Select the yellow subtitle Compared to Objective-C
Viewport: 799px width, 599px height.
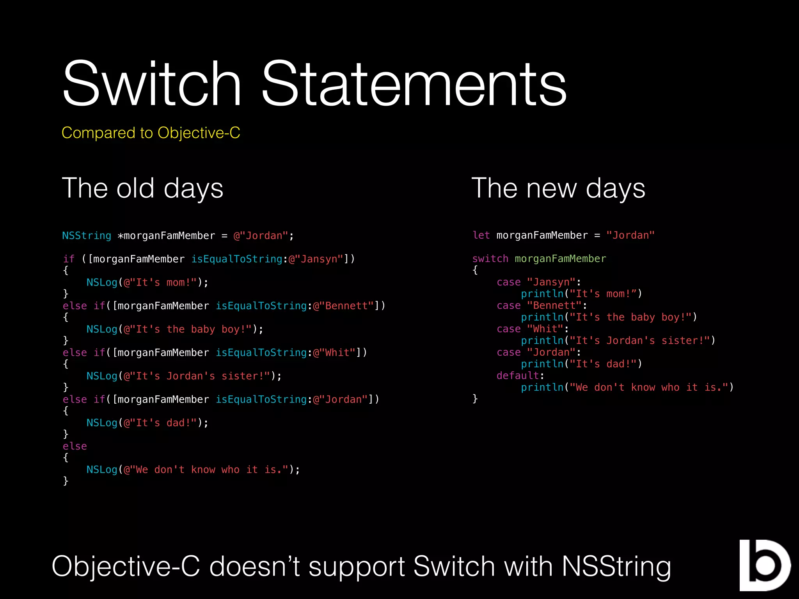(x=151, y=133)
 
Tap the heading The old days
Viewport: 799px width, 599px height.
(x=142, y=188)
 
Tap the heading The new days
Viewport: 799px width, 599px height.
(x=558, y=188)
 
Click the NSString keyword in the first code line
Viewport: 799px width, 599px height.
(x=87, y=236)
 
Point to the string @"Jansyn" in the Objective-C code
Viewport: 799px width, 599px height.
(x=316, y=259)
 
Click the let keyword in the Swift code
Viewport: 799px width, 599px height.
(x=481, y=236)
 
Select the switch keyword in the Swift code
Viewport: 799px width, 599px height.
(x=490, y=259)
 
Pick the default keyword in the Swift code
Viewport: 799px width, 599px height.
(x=518, y=376)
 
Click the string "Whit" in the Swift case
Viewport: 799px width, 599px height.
(x=545, y=329)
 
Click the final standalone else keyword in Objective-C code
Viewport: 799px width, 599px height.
(x=75, y=447)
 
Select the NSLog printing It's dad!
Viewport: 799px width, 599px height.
(x=102, y=423)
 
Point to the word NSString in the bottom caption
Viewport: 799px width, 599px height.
(x=616, y=567)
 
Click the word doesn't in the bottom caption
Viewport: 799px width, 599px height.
(x=254, y=567)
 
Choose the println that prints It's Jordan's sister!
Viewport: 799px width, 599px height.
(x=542, y=341)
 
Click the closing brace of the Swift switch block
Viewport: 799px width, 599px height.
(x=475, y=399)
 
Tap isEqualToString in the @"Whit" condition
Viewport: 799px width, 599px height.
(x=261, y=353)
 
